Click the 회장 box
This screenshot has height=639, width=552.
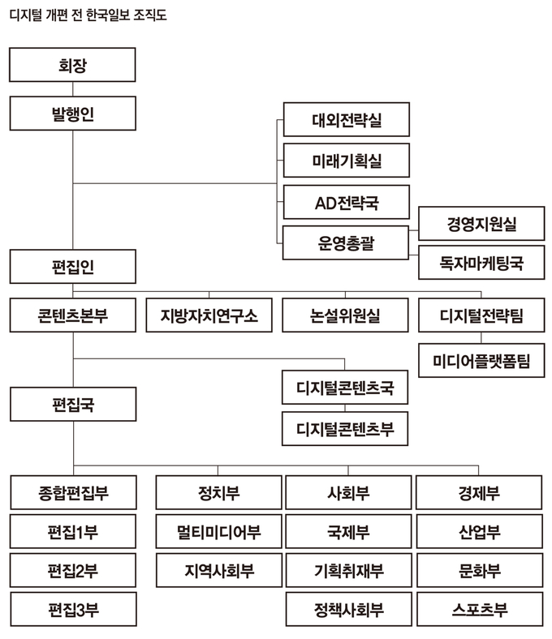click(72, 64)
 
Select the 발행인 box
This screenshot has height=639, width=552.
click(72, 114)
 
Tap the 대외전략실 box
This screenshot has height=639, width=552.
click(346, 120)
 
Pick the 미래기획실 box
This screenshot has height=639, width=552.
click(346, 161)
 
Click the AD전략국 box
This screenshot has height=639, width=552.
click(346, 202)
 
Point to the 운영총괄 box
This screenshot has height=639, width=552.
click(346, 242)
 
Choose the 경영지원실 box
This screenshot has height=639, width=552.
click(481, 223)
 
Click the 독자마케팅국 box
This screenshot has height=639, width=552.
click(481, 263)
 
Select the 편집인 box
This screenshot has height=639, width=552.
click(72, 265)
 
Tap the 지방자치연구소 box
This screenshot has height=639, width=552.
click(209, 315)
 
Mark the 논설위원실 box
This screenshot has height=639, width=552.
click(346, 315)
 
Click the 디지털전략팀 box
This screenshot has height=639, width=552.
click(481, 315)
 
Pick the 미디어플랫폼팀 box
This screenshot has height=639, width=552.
click(481, 360)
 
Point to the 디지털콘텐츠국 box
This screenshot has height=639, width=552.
click(346, 388)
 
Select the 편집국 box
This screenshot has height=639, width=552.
click(72, 403)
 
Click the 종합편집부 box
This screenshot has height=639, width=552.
click(72, 492)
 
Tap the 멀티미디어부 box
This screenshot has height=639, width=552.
click(218, 532)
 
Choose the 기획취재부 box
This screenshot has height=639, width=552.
click(348, 571)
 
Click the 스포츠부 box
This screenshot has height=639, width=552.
click(478, 609)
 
